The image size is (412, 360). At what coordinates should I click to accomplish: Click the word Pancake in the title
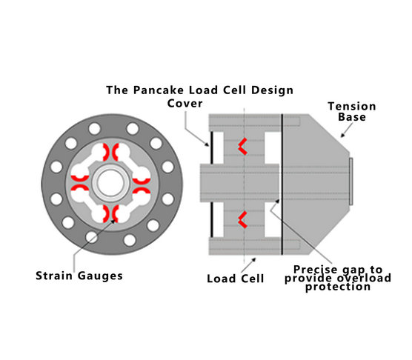[158, 90]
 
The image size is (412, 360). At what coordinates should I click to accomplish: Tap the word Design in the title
[272, 90]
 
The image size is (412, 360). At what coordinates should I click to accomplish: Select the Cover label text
[185, 103]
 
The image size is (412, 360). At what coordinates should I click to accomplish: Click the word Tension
[352, 107]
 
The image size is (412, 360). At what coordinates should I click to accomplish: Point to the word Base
[352, 117]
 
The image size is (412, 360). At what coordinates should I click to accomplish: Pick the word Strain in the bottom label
[54, 276]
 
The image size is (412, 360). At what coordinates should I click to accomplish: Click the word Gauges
[100, 276]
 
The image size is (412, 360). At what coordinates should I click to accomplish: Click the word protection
[338, 287]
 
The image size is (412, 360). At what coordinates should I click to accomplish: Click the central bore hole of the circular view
[110, 183]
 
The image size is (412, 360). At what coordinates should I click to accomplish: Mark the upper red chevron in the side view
[242, 146]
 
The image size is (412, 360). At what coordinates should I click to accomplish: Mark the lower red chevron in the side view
[242, 219]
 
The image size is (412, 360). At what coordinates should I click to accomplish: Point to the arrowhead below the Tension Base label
[342, 136]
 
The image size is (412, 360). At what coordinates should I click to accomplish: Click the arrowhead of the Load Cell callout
[254, 260]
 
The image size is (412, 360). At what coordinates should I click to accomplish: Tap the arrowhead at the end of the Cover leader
[207, 144]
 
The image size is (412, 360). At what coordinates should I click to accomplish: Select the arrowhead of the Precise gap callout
[277, 201]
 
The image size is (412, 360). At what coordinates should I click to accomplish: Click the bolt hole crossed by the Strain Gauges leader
[92, 237]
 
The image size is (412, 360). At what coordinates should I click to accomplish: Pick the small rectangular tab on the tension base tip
[350, 181]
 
